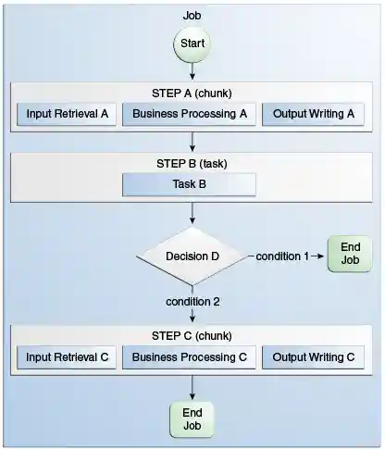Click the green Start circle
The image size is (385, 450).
point(192,44)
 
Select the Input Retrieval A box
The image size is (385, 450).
point(68,115)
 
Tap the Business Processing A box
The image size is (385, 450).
point(190,115)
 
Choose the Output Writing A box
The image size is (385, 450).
point(313,115)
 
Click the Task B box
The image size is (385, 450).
point(190,183)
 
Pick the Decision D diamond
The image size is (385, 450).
point(192,256)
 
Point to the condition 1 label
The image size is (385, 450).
point(282,256)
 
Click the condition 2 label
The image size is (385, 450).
point(192,302)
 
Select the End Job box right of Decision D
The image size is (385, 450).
point(349,254)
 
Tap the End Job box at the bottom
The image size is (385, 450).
point(192,419)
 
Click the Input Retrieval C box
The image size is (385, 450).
point(68,356)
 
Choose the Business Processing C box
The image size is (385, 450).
point(190,356)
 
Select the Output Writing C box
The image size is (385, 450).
point(313,356)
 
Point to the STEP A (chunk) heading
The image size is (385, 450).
point(192,94)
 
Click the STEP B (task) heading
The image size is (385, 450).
point(192,163)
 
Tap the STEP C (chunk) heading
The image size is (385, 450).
point(192,335)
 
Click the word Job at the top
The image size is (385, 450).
point(192,16)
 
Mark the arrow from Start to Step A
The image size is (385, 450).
point(192,70)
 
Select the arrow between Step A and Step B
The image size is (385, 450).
point(192,141)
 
